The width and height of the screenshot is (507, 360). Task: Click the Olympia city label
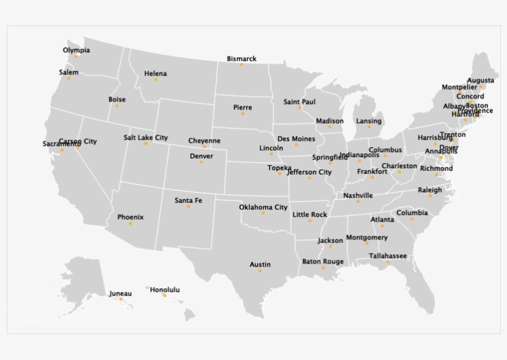(76, 50)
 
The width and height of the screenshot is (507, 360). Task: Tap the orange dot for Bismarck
(242, 64)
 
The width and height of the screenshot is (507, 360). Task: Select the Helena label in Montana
(155, 74)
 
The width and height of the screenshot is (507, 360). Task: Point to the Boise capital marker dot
(117, 105)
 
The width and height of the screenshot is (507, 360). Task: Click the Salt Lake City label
(145, 137)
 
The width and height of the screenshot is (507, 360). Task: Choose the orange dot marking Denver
(202, 162)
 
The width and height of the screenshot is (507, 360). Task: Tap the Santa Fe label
(188, 200)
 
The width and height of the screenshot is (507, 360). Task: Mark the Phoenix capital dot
(130, 223)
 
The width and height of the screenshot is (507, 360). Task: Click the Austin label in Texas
(260, 265)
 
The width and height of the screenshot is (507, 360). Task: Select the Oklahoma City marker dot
(263, 213)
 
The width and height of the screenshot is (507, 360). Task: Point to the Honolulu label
(164, 289)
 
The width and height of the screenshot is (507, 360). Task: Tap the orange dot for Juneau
(121, 299)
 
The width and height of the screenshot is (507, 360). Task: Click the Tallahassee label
(388, 255)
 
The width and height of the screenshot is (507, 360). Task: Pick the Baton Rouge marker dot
(323, 268)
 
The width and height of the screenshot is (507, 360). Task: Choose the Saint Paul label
(299, 101)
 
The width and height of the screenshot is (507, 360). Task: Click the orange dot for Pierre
(243, 113)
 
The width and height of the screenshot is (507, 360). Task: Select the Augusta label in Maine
(480, 80)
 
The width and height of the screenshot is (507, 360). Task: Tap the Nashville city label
(358, 195)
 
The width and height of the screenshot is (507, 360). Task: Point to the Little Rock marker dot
(310, 220)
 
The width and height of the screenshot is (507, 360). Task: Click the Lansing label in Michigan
(369, 121)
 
